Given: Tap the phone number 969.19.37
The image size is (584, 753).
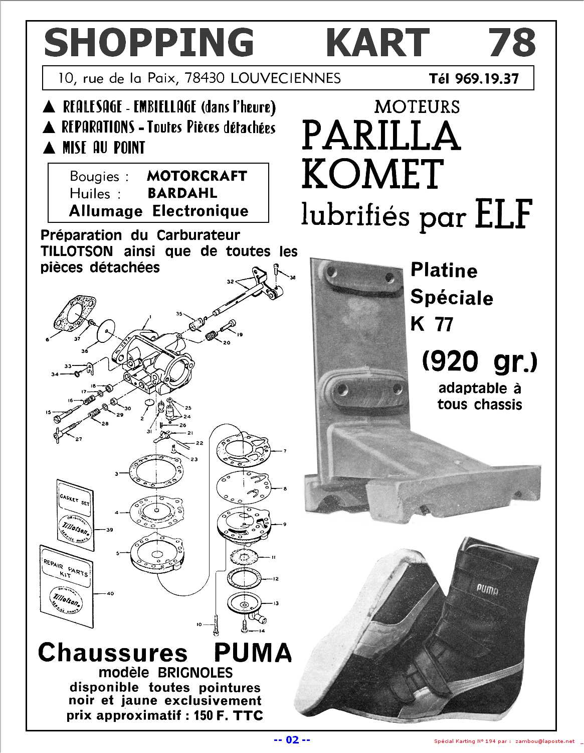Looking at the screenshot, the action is pos(487,79).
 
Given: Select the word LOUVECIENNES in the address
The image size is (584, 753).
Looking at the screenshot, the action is pos(285,78).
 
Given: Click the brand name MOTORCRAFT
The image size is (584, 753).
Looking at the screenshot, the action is pos(197,176).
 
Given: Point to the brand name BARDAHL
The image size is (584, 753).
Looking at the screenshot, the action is pos(182,193).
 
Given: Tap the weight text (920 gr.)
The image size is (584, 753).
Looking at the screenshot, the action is pos(480,362).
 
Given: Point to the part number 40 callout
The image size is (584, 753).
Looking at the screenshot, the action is pos(110,593).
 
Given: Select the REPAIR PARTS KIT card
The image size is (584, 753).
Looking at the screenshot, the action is pos(67,588).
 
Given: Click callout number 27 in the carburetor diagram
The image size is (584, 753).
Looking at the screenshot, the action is pos(79,439).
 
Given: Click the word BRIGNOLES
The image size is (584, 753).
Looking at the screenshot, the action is pos(195,673).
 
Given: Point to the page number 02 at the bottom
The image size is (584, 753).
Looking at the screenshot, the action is pos(292,740).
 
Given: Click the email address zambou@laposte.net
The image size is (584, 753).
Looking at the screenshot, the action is pos(545,741).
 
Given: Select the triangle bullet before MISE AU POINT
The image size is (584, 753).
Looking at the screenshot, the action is pos(49,148).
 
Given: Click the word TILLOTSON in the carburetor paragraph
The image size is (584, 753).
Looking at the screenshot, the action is pos(77,251).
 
